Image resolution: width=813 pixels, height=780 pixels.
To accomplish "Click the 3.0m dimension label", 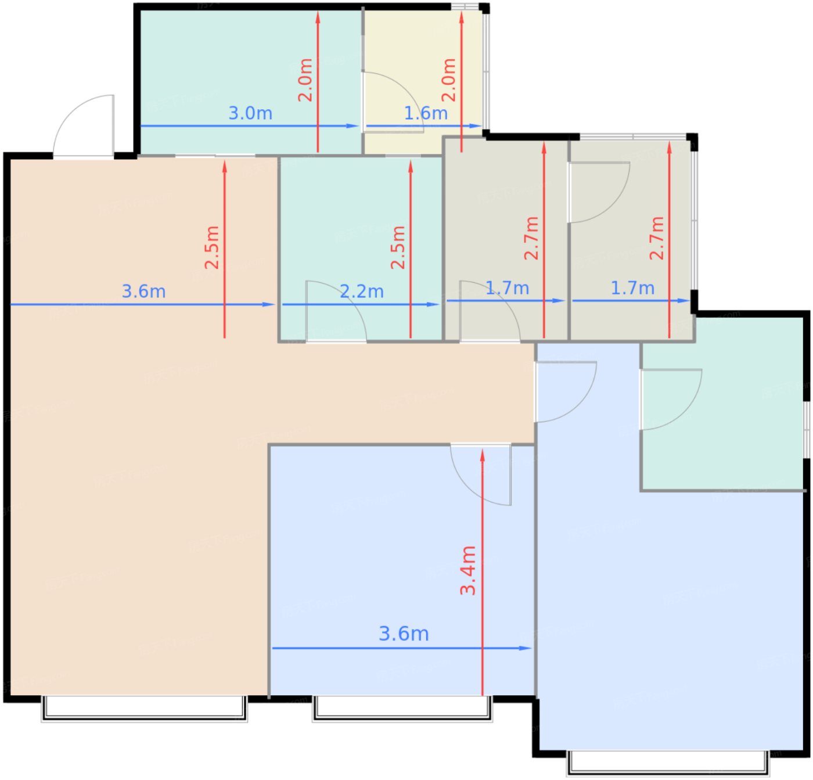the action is click(x=250, y=114).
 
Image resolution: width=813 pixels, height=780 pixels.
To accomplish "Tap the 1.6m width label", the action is click(x=426, y=114).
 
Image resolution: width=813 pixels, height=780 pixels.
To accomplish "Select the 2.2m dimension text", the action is click(x=362, y=292).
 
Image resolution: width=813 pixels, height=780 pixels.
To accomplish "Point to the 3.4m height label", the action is click(x=468, y=570).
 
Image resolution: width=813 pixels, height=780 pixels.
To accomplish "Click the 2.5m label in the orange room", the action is click(x=212, y=247).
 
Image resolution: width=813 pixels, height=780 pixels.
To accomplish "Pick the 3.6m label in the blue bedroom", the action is click(x=404, y=634).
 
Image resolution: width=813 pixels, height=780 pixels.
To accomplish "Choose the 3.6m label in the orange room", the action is click(x=143, y=292).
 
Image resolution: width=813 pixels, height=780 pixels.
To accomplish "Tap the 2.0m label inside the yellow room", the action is click(x=449, y=80).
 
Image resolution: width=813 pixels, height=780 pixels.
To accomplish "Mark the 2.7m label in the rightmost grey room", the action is click(x=657, y=238).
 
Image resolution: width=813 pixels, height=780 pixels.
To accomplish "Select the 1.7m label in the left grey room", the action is click(x=507, y=288).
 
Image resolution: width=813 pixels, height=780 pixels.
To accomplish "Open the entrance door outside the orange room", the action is click(x=84, y=126).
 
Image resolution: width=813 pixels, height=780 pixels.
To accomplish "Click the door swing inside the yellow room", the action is click(x=393, y=102).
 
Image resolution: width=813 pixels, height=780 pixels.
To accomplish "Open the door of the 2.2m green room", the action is click(x=336, y=312).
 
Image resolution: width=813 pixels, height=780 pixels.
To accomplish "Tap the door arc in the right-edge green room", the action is click(x=671, y=400).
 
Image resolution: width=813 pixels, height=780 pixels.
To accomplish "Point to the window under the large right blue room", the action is click(x=668, y=763).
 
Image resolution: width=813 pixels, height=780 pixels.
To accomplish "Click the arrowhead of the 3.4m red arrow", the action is click(x=482, y=455).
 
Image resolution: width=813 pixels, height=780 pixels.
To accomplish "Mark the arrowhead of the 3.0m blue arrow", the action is click(x=352, y=126).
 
